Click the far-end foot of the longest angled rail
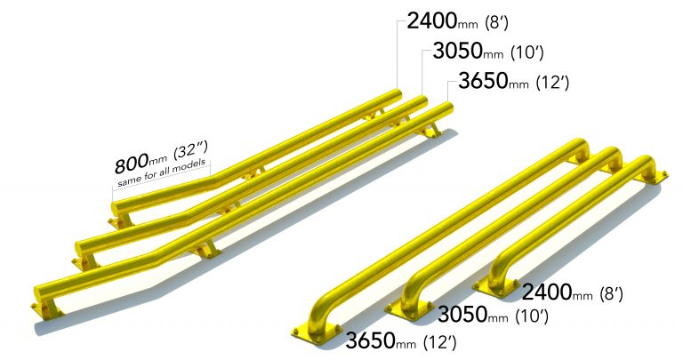coord(433,131)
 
